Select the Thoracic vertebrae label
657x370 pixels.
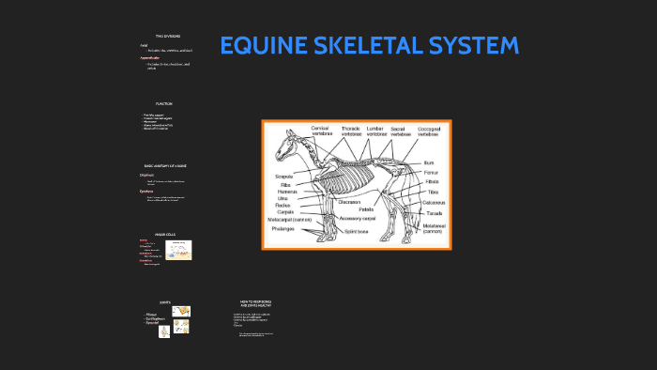(x=351, y=131)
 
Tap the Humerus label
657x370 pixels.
(x=287, y=192)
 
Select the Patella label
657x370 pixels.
(x=366, y=209)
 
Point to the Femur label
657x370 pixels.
(x=431, y=172)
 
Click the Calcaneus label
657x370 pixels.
(x=433, y=202)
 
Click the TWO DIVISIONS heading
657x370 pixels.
(x=167, y=36)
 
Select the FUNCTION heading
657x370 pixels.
(x=164, y=103)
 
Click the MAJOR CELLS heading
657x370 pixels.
(x=165, y=233)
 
